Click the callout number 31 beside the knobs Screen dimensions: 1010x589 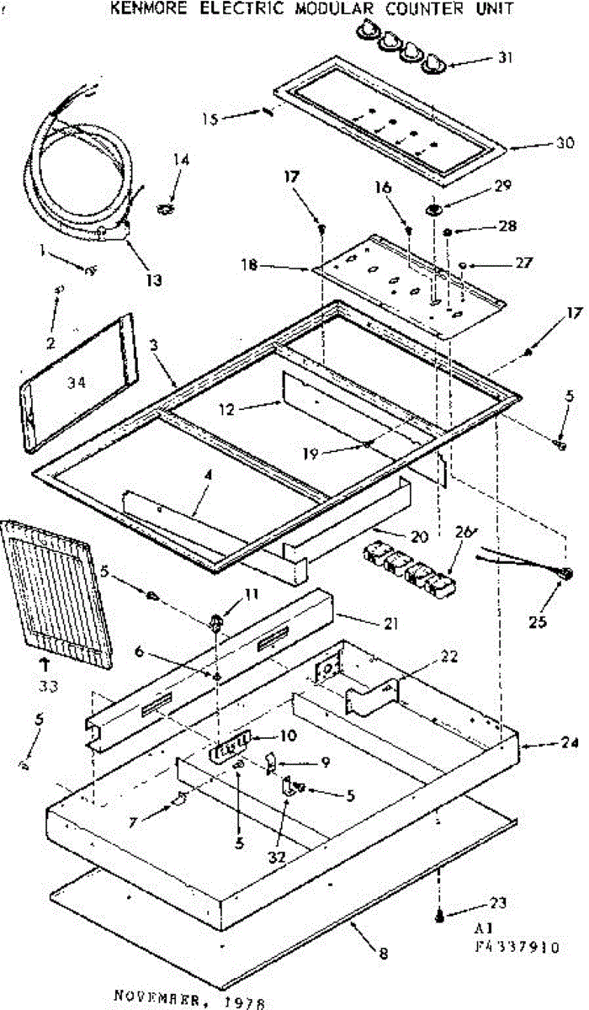tap(504, 58)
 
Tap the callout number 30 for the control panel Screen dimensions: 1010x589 tap(565, 142)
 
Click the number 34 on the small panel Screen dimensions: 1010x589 tap(76, 382)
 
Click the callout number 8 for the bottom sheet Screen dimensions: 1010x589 tap(384, 954)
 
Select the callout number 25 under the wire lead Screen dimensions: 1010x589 tap(538, 622)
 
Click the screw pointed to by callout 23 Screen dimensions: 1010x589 tap(439, 917)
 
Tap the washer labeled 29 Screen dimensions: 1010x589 tap(435, 210)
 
